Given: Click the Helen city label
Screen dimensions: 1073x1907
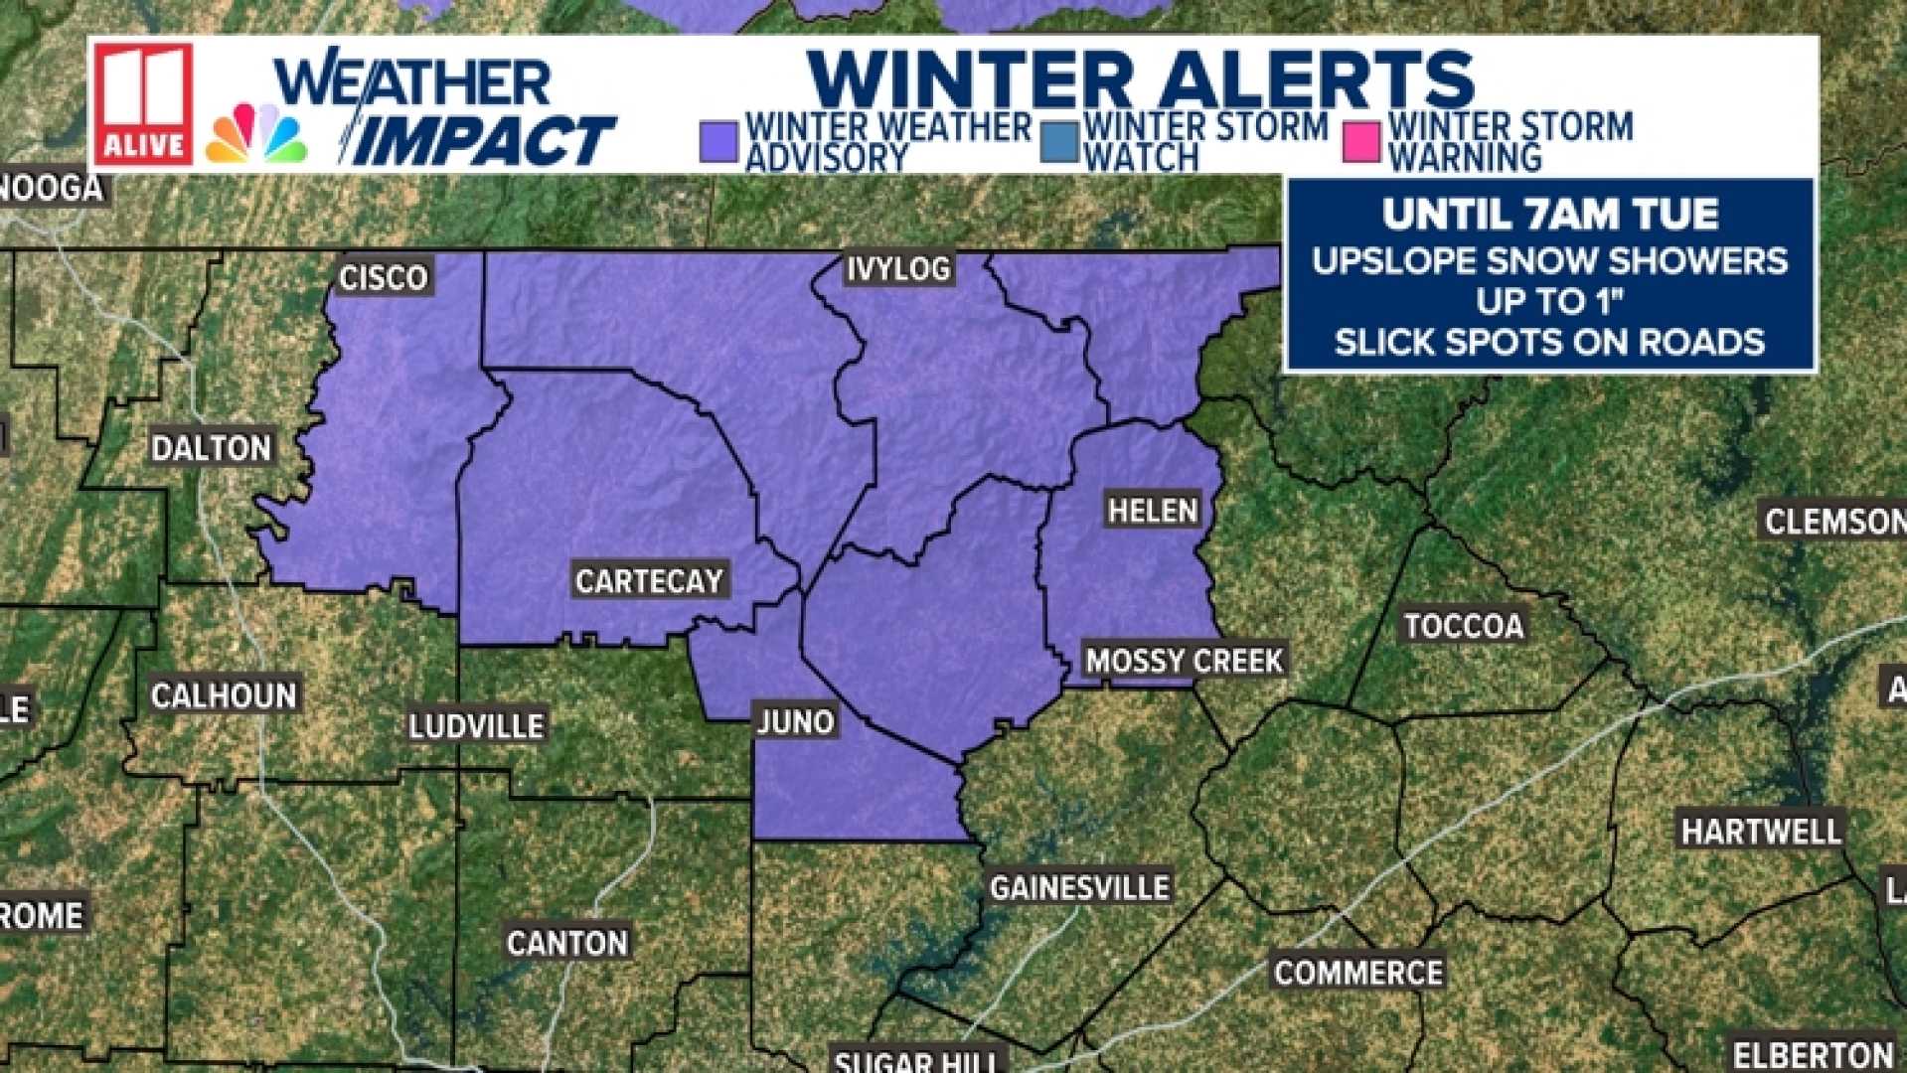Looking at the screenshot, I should tap(1153, 511).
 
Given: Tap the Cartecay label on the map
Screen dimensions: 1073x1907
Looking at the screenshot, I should tap(650, 581).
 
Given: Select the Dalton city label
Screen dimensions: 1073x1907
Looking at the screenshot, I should tap(211, 448).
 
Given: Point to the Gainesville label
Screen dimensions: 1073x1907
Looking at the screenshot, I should tap(1079, 887).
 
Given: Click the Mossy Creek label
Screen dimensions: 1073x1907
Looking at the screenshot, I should tap(1184, 661).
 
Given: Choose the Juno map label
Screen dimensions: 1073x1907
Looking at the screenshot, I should tap(795, 721).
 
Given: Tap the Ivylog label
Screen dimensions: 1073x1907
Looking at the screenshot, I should tap(898, 268).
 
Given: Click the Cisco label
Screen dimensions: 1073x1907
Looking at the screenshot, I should tap(384, 278).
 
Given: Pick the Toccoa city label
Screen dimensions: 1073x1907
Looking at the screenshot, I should tap(1464, 626).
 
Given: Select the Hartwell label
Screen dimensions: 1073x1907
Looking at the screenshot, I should tap(1761, 831).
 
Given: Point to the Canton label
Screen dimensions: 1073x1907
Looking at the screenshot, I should tap(567, 943).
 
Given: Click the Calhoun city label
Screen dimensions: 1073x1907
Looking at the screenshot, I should tap(224, 695).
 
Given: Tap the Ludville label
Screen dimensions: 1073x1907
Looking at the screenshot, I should tap(476, 726).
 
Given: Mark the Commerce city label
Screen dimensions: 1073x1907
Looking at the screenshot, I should tap(1358, 973).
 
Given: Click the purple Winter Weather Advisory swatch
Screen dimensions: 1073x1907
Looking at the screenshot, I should tap(718, 141).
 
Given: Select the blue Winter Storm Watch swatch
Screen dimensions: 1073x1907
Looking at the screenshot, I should tap(1058, 141).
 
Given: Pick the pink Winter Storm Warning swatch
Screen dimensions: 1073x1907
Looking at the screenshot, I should tap(1361, 141).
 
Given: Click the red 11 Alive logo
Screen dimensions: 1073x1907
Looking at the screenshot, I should tap(144, 104).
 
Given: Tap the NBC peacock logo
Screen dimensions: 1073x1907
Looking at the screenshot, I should tap(256, 134).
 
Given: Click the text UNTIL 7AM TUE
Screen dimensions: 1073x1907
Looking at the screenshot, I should tap(1549, 215).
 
